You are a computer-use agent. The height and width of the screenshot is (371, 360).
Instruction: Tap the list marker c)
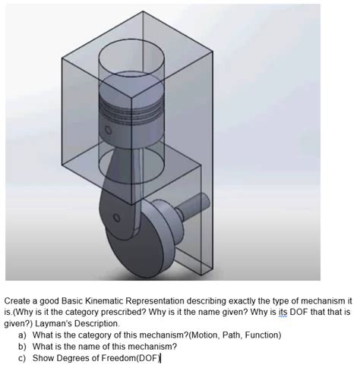[x=23, y=357]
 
